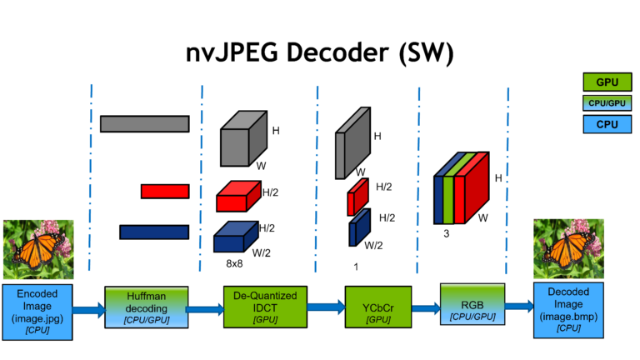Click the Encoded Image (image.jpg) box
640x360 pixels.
37,311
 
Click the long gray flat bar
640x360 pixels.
144,123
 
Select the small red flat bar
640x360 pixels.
164,191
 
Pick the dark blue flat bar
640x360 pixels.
153,232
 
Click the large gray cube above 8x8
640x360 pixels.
243,141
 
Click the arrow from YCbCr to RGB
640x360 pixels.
421,307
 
